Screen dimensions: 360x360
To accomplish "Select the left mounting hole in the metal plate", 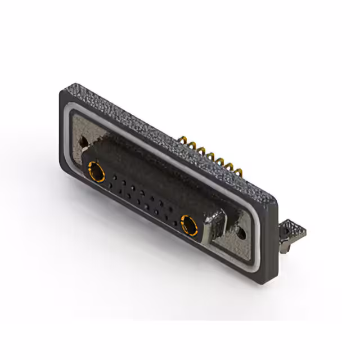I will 84,142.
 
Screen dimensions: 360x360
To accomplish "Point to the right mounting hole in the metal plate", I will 242,231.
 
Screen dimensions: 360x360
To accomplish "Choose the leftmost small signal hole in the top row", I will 114,176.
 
